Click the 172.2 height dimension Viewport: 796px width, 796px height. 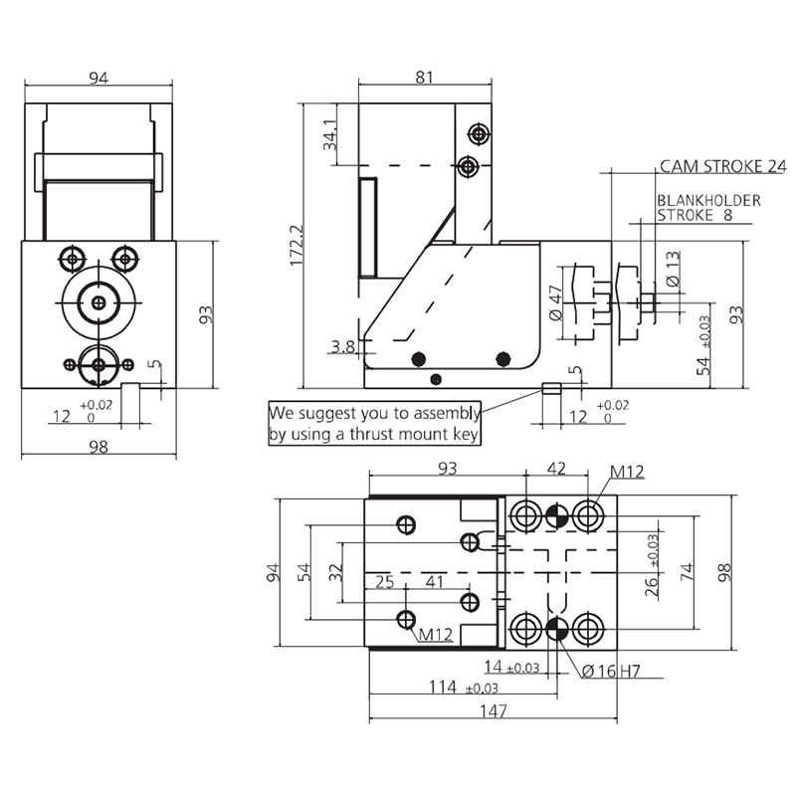click(x=296, y=245)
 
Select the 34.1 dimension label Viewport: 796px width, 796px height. click(x=330, y=135)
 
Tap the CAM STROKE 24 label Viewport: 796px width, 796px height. click(x=723, y=166)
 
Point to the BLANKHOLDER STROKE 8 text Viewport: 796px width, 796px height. click(x=708, y=208)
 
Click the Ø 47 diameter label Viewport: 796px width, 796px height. click(x=556, y=302)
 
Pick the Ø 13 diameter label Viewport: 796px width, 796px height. click(x=673, y=269)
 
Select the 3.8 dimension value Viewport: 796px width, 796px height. click(x=343, y=346)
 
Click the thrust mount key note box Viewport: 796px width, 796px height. click(x=375, y=424)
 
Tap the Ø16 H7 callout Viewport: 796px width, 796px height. click(x=611, y=671)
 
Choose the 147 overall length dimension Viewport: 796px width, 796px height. click(x=494, y=710)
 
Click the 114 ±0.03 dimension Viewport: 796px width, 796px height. click(x=464, y=688)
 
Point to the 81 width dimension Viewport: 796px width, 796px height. click(x=425, y=78)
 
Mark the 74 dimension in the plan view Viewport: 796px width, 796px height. click(x=687, y=572)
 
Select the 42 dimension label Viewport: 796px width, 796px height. click(x=556, y=468)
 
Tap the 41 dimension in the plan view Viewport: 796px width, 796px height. click(x=434, y=581)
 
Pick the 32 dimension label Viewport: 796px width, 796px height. click(x=336, y=573)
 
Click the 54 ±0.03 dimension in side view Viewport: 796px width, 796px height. click(x=703, y=345)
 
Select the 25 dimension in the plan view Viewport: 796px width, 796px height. click(x=385, y=581)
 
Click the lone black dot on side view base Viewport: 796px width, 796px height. click(x=436, y=379)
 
